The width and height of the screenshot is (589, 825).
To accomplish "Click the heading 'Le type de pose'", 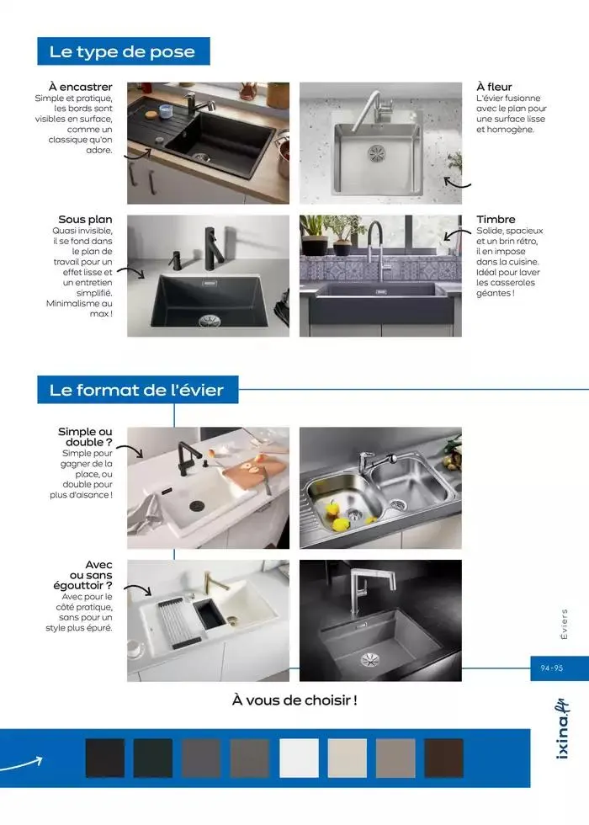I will pos(122,51).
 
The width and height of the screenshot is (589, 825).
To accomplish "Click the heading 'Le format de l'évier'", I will pos(136,391).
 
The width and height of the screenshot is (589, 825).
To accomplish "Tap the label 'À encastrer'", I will pos(80,87).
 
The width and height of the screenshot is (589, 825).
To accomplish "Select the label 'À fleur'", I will pos(494,87).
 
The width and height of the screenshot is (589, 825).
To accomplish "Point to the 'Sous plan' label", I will pos(85,220).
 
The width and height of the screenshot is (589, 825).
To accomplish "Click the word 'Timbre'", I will pos(496,220).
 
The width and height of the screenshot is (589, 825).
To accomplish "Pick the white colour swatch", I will pos(299,758).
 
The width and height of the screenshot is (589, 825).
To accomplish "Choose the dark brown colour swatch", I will pos(443,758).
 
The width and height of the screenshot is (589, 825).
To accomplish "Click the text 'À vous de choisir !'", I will pos(294,700).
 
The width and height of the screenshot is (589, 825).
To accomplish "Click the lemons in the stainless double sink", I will pos(338,519).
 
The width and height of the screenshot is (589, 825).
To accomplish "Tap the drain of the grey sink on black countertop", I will pos(371,659).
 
